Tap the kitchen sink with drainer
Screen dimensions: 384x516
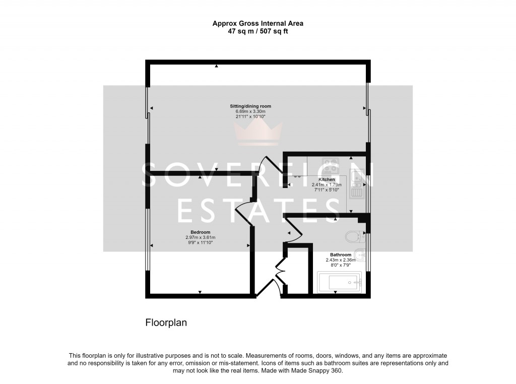pos(358,184)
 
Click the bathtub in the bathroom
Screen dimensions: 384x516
pos(339,283)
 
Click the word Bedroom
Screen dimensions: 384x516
pos(200,232)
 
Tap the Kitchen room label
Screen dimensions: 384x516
pos(327,179)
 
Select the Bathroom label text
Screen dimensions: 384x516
pos(341,254)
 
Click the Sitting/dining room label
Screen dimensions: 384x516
pos(250,106)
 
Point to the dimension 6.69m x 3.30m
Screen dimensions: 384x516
pos(250,111)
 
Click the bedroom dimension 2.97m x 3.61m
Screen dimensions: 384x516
pos(200,237)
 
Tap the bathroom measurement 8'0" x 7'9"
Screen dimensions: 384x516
pos(341,265)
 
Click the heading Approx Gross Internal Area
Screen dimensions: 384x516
pos(257,23)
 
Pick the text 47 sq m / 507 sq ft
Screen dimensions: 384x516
pos(257,31)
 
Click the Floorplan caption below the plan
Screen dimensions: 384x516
pos(166,323)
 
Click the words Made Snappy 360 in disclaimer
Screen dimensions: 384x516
pos(318,370)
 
